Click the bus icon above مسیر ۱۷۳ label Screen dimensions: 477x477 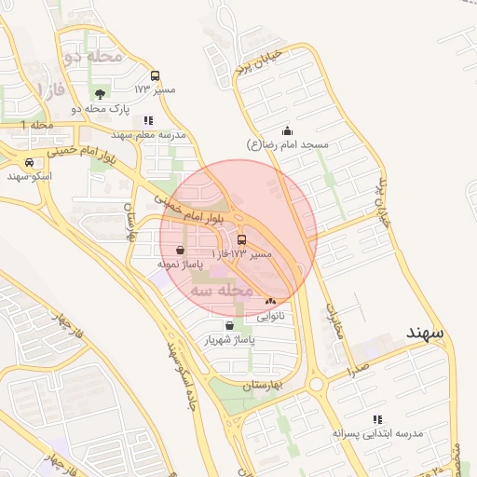(155, 75)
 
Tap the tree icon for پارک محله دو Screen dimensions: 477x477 (101, 93)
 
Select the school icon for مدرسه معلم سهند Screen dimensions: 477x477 (148, 120)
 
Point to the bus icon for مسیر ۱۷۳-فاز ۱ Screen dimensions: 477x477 (242, 239)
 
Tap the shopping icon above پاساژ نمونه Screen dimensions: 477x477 (179, 250)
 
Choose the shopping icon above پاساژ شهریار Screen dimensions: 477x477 (229, 325)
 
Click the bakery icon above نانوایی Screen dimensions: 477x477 (270, 301)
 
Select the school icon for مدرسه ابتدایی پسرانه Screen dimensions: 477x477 (377, 420)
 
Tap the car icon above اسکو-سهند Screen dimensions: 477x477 (30, 162)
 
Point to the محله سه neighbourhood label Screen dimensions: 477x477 (222, 291)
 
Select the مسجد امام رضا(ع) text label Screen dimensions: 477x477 (288, 145)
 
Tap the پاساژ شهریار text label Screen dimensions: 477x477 (230, 340)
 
